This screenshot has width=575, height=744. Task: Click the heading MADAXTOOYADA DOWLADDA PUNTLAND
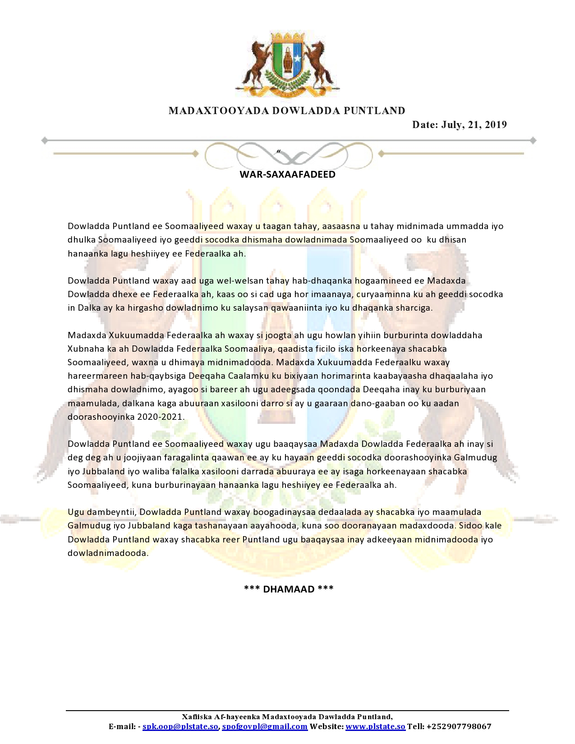point(287,111)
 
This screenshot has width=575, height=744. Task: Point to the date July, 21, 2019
point(459,125)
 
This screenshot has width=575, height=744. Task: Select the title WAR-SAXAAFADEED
point(287,175)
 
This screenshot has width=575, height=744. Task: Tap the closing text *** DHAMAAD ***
point(289,589)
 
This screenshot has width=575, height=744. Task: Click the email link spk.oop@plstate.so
point(180,726)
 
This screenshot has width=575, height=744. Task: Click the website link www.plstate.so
point(375,726)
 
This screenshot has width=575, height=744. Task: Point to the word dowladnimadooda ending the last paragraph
point(107,553)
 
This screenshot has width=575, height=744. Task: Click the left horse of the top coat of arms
point(255,63)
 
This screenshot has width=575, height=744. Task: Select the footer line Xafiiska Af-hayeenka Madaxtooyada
point(287,717)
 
